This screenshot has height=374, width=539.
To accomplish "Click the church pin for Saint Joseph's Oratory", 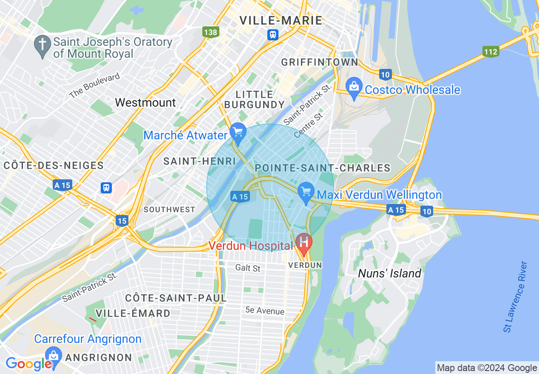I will (x=43, y=45).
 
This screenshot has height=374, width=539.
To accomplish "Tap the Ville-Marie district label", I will (x=281, y=20).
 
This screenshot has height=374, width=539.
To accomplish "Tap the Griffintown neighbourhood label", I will (x=320, y=62).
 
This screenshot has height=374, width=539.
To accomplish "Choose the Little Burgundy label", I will (x=254, y=99).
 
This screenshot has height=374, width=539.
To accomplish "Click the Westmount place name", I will (x=145, y=102).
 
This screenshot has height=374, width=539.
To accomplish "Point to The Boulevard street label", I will (x=94, y=86).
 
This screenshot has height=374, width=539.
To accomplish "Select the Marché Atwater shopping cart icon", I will (x=238, y=132).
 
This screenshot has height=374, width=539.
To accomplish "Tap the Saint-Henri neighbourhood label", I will (x=199, y=161).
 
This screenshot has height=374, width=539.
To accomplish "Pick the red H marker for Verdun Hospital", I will (x=304, y=243).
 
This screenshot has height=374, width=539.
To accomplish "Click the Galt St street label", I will (x=247, y=268).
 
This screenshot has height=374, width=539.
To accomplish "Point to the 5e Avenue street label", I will (x=264, y=311).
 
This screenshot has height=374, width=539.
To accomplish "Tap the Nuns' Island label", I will (x=389, y=273).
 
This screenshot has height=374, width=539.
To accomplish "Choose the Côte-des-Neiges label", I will (x=54, y=165).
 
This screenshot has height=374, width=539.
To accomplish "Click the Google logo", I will (x=28, y=364).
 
